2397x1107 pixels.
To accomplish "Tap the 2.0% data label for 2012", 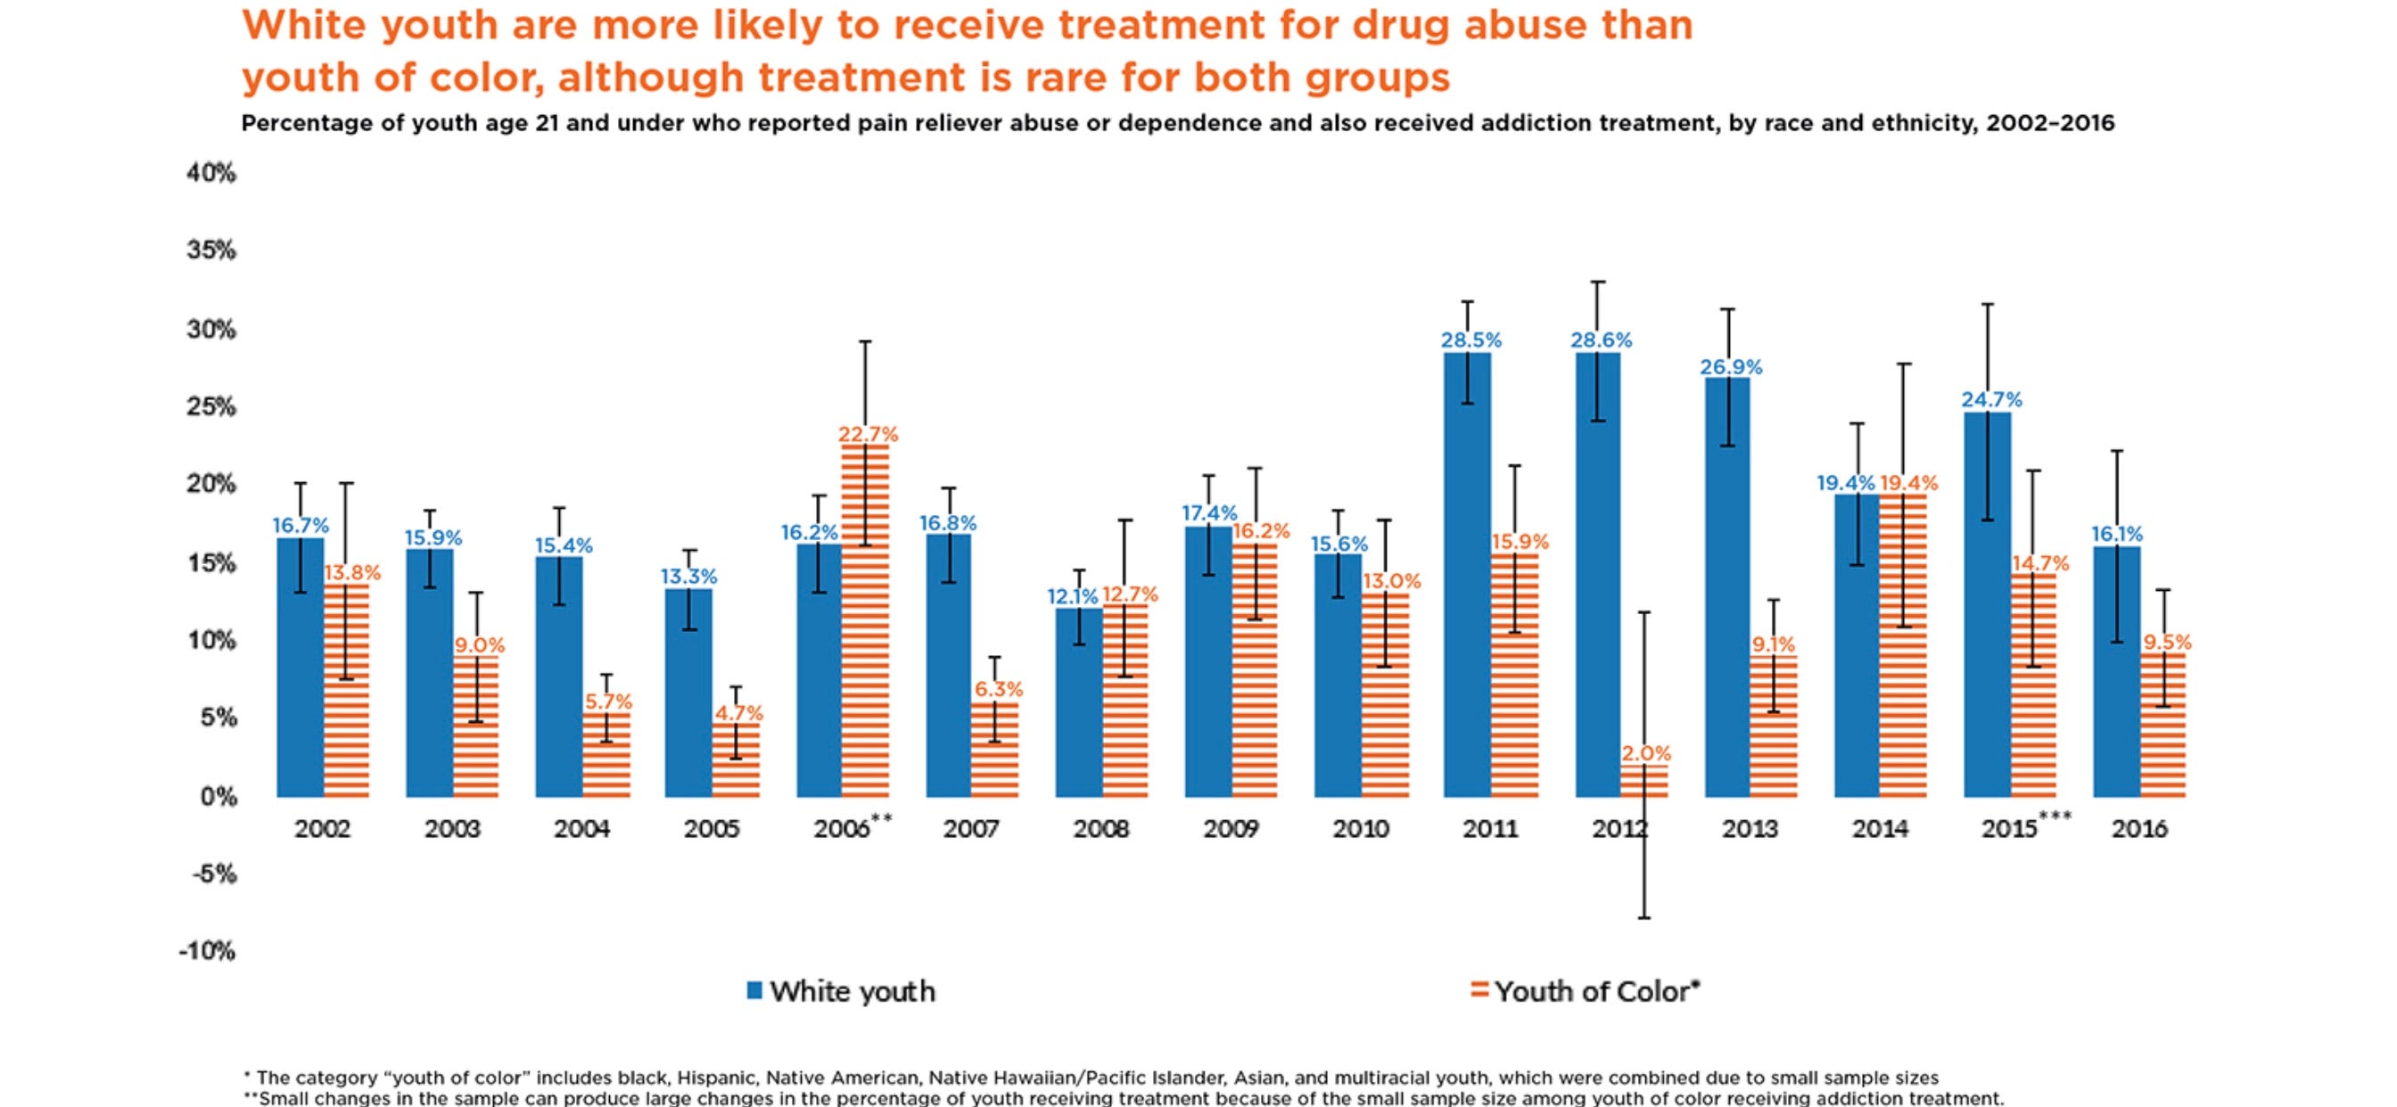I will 1646,753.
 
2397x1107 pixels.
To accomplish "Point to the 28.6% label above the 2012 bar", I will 1601,340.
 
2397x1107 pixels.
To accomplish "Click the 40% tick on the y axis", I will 211,173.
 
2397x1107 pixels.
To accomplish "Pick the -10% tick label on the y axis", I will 208,951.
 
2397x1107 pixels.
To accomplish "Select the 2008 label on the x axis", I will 1100,829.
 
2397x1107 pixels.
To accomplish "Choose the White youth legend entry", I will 841,992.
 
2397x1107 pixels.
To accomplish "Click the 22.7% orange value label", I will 868,434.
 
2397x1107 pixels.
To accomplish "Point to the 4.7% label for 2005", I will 737,714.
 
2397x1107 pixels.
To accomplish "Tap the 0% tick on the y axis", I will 218,797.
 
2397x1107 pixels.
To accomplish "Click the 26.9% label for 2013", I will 1731,367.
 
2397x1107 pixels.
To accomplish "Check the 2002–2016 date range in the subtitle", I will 2050,124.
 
